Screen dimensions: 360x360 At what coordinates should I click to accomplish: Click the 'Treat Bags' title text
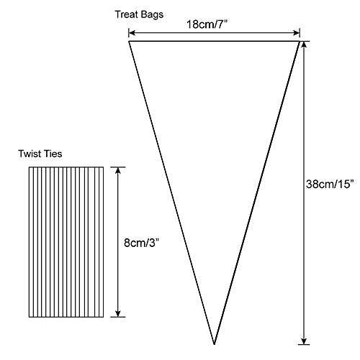coord(139,15)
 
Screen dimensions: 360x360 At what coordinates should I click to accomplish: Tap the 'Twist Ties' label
coord(40,154)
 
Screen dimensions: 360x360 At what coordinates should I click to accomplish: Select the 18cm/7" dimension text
coord(207,24)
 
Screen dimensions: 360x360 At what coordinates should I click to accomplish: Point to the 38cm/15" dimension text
coord(330,184)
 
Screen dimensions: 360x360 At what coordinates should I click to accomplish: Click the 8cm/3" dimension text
coord(142,243)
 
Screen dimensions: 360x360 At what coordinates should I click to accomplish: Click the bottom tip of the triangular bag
coord(214,344)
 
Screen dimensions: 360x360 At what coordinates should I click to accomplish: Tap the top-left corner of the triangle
coord(129,42)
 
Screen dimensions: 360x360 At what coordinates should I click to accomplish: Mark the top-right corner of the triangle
coord(300,42)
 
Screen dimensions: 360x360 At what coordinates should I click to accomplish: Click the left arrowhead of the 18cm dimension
coord(132,33)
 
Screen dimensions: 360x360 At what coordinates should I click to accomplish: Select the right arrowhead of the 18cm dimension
coord(297,33)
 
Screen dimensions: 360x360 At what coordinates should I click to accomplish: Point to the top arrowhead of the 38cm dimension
coord(304,45)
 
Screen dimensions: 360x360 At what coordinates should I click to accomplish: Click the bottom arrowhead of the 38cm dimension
coord(304,341)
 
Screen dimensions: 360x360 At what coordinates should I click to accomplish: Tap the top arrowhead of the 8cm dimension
coord(117,170)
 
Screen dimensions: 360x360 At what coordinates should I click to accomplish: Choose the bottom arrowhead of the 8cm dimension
coord(117,314)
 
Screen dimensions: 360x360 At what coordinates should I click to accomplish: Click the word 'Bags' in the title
coord(152,15)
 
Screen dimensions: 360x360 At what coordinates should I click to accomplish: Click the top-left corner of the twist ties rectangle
coord(30,167)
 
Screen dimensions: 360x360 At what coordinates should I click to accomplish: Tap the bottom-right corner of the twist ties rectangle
coord(104,317)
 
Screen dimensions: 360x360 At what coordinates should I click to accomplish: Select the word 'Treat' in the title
coord(127,14)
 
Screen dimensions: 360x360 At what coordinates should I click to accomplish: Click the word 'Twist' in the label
coord(30,154)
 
